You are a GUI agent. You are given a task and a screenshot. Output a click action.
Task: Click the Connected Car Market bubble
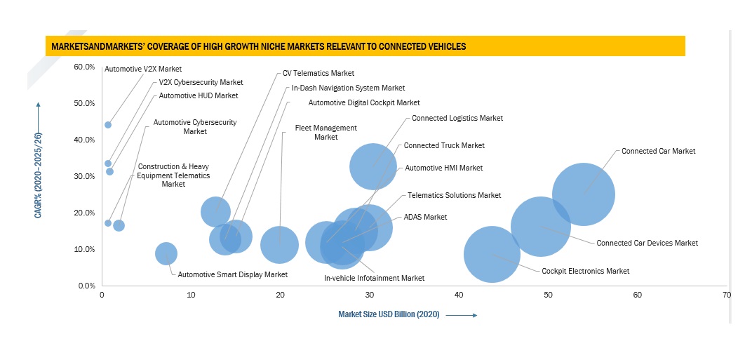pos(583,194)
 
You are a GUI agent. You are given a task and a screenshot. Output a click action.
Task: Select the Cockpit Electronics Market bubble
pos(492,254)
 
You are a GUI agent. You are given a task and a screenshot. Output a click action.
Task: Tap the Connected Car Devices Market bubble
pos(539,227)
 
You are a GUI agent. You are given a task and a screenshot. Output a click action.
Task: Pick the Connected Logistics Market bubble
pos(373,166)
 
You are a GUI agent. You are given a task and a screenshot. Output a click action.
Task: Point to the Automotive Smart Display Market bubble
pos(166,253)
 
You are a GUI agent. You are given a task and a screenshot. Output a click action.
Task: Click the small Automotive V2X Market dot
pos(108,125)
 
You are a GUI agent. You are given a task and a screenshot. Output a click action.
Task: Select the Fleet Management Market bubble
pos(280,245)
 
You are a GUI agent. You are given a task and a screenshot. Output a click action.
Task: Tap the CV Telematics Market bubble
pos(215,211)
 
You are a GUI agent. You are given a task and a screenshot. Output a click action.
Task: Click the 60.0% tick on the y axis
pos(84,67)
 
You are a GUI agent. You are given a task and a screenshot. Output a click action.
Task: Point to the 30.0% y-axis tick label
pos(84,176)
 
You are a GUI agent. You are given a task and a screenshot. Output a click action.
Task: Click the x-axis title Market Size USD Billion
pos(389,314)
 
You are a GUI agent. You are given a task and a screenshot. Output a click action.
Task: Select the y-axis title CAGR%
pos(38,175)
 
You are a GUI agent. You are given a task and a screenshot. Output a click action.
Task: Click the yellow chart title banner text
pos(257,47)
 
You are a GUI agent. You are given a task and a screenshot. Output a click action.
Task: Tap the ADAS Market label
pos(425,217)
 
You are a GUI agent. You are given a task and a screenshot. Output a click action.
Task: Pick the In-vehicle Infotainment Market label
pos(374,278)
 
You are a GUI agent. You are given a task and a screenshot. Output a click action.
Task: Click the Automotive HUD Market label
pos(199,95)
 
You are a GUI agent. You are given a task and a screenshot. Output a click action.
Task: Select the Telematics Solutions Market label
pos(454,195)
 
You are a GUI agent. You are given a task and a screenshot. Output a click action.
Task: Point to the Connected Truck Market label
pos(444,145)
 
